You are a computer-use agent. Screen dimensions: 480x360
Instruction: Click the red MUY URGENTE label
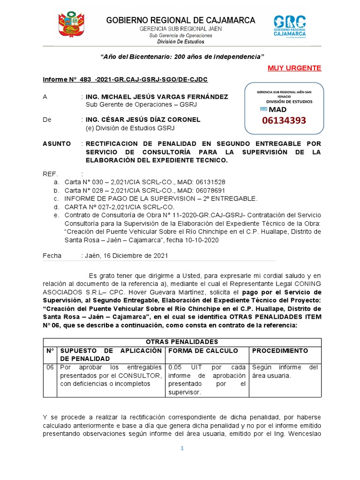tap(294, 68)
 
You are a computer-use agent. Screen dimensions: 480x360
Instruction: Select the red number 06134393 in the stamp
tap(284, 120)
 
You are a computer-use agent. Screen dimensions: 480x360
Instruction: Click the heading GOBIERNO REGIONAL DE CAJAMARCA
tap(180, 20)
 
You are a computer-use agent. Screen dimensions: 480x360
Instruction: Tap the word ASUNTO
tap(57, 143)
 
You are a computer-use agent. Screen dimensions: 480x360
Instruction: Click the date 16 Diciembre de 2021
tap(136, 255)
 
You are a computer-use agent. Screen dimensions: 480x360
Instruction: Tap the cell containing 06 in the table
tap(50, 367)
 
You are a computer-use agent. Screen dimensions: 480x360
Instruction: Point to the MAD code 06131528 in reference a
tap(208, 182)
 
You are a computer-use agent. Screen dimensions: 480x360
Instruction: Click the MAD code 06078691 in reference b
tap(208, 190)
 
